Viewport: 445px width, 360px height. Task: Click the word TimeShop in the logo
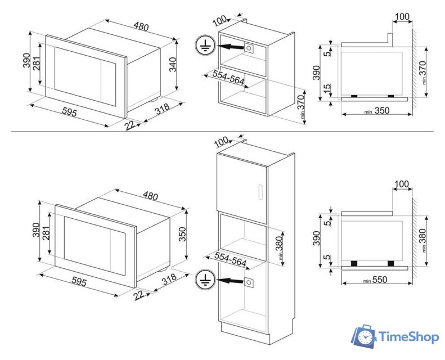[409, 337]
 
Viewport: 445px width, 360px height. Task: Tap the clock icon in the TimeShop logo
[366, 337]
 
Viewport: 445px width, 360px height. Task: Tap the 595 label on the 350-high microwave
[79, 281]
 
